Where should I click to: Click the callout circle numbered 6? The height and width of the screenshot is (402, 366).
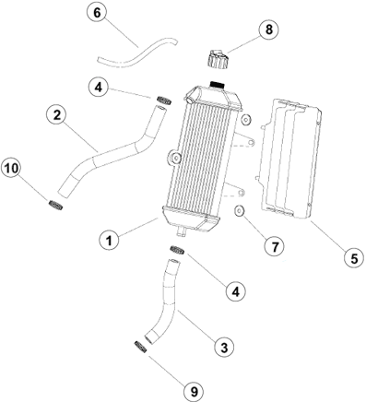coord(97,13)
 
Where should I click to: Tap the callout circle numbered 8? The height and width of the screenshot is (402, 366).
coord(268,30)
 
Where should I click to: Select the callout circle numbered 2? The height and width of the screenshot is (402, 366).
coord(57,115)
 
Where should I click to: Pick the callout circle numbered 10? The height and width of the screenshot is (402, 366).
coord(11,169)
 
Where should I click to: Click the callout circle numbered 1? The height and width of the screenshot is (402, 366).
coord(110,240)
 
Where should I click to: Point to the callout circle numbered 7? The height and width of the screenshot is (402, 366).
coord(275,246)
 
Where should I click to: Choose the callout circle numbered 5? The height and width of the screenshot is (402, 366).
coord(354,258)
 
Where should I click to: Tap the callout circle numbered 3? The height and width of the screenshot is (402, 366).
coord(224,347)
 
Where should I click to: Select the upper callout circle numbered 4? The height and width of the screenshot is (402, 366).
coord(98,88)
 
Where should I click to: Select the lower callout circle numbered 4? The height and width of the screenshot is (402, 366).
coord(235,291)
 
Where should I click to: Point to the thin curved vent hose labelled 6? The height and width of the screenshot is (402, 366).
coord(137,53)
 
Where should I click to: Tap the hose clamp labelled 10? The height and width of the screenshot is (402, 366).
coord(56,205)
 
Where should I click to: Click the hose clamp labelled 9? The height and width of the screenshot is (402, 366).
coord(140,347)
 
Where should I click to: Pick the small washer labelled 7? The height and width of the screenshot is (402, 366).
coord(239,211)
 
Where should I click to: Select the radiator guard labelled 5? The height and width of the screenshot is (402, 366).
coord(289,159)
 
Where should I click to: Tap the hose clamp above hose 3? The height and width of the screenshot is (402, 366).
coord(177,250)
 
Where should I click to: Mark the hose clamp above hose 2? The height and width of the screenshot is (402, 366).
coord(164,100)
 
